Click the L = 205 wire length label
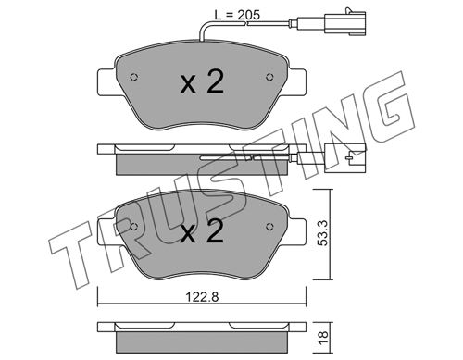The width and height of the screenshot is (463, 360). (x=237, y=15)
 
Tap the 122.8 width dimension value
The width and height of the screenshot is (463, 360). (x=202, y=297)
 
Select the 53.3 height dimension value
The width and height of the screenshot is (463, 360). (x=322, y=233)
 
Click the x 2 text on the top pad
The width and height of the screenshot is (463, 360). (x=202, y=81)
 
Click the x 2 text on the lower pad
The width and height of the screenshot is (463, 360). (x=202, y=231)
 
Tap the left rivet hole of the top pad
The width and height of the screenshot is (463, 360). (x=134, y=77)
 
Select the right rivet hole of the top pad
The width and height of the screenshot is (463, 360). (x=269, y=77)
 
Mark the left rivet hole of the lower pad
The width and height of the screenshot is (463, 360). (x=134, y=227)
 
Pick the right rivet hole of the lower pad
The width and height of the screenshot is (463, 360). (x=269, y=227)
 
